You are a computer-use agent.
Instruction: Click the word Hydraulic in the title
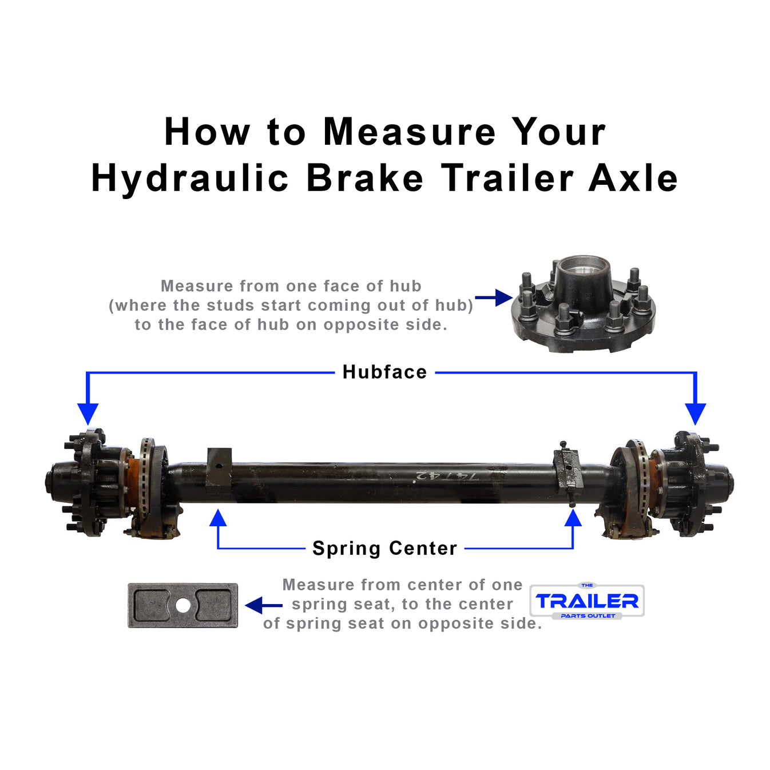[x=190, y=178]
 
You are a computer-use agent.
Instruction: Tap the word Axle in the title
[x=633, y=178]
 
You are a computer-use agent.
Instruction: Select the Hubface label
[x=384, y=372]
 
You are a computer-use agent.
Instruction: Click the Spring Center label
[x=384, y=549]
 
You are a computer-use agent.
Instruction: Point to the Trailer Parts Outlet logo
[x=587, y=601]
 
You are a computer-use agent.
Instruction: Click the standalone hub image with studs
[x=584, y=306]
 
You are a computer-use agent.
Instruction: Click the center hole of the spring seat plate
[x=182, y=605]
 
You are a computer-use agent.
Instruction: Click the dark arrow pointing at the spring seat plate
[x=263, y=605]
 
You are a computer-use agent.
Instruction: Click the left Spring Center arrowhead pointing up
[x=218, y=518]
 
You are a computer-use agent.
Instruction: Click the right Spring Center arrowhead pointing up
[x=573, y=518]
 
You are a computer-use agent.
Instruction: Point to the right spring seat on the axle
[x=567, y=470]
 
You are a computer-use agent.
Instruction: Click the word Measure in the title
[x=409, y=132]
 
